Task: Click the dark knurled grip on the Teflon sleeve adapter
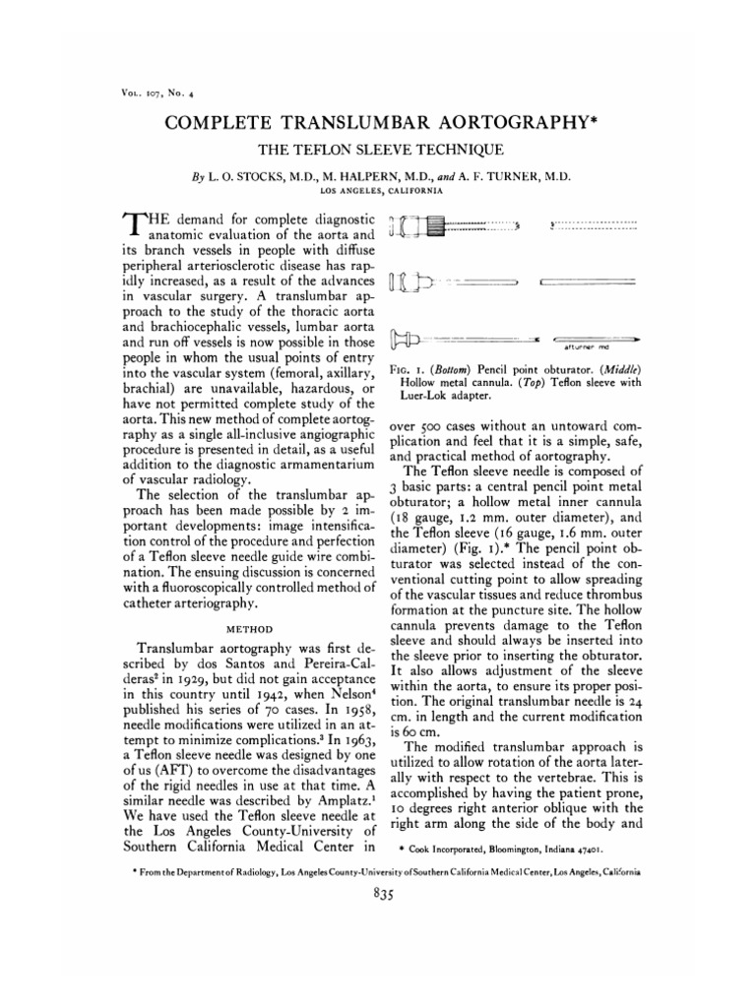pos(434,228)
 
